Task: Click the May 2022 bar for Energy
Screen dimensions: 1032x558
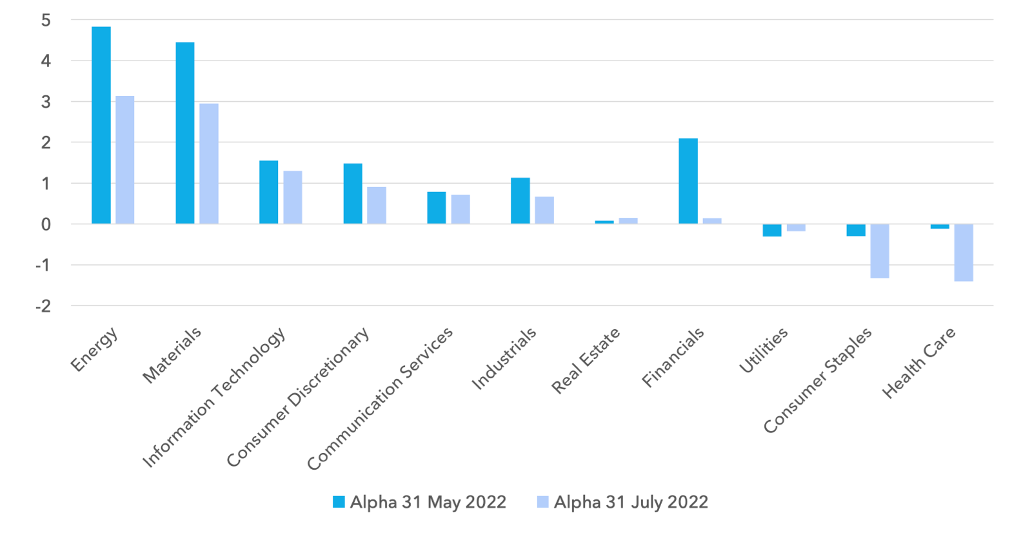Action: pos(101,125)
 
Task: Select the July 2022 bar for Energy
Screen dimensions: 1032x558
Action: pos(125,160)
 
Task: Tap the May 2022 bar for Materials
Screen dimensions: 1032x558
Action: pos(184,133)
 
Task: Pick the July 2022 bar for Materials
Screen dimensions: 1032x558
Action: pos(209,164)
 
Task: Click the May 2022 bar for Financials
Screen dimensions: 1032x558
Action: pos(688,182)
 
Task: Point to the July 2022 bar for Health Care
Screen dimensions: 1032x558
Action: pos(964,253)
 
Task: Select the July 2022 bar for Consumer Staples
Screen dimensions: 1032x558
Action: pos(880,251)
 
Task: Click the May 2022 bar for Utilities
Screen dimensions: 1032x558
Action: pos(772,230)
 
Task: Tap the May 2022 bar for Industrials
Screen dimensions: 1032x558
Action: pos(520,201)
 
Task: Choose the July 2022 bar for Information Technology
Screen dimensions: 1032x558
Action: pos(293,198)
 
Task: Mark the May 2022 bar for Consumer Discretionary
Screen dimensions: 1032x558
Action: pos(352,194)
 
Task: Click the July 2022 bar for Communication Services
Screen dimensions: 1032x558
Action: pos(461,209)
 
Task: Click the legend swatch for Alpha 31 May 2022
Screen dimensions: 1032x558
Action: pos(339,502)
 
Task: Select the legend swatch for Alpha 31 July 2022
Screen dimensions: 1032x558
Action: pos(542,502)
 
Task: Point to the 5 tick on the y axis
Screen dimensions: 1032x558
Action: pos(46,20)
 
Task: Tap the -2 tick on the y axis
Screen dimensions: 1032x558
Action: pos(43,306)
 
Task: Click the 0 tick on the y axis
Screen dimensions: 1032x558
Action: pos(46,225)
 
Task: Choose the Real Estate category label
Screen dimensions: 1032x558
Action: pos(586,360)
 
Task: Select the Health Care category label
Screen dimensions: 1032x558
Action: pos(918,363)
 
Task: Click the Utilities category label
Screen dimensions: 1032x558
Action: pos(763,350)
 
